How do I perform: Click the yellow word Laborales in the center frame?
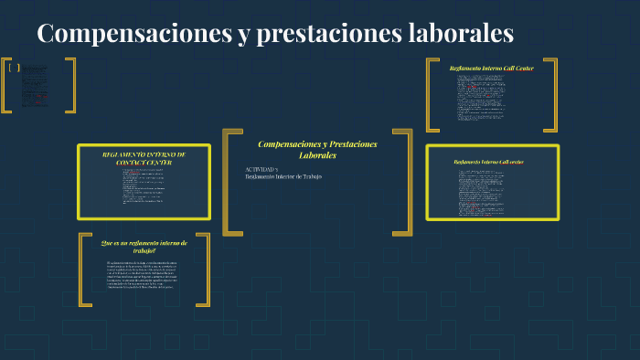[x=317, y=155]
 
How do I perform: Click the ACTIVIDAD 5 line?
[x=263, y=169]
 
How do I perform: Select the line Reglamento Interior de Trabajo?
[x=283, y=176]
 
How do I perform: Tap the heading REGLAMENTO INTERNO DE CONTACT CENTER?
[x=144, y=158]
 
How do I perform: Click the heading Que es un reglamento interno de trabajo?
[x=144, y=247]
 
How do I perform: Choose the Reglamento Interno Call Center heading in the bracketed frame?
[x=491, y=69]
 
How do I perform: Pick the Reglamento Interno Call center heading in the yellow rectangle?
[x=489, y=162]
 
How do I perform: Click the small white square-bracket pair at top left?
[x=14, y=67]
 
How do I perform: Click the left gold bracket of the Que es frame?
[x=83, y=270]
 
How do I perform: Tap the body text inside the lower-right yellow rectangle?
[x=491, y=192]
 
